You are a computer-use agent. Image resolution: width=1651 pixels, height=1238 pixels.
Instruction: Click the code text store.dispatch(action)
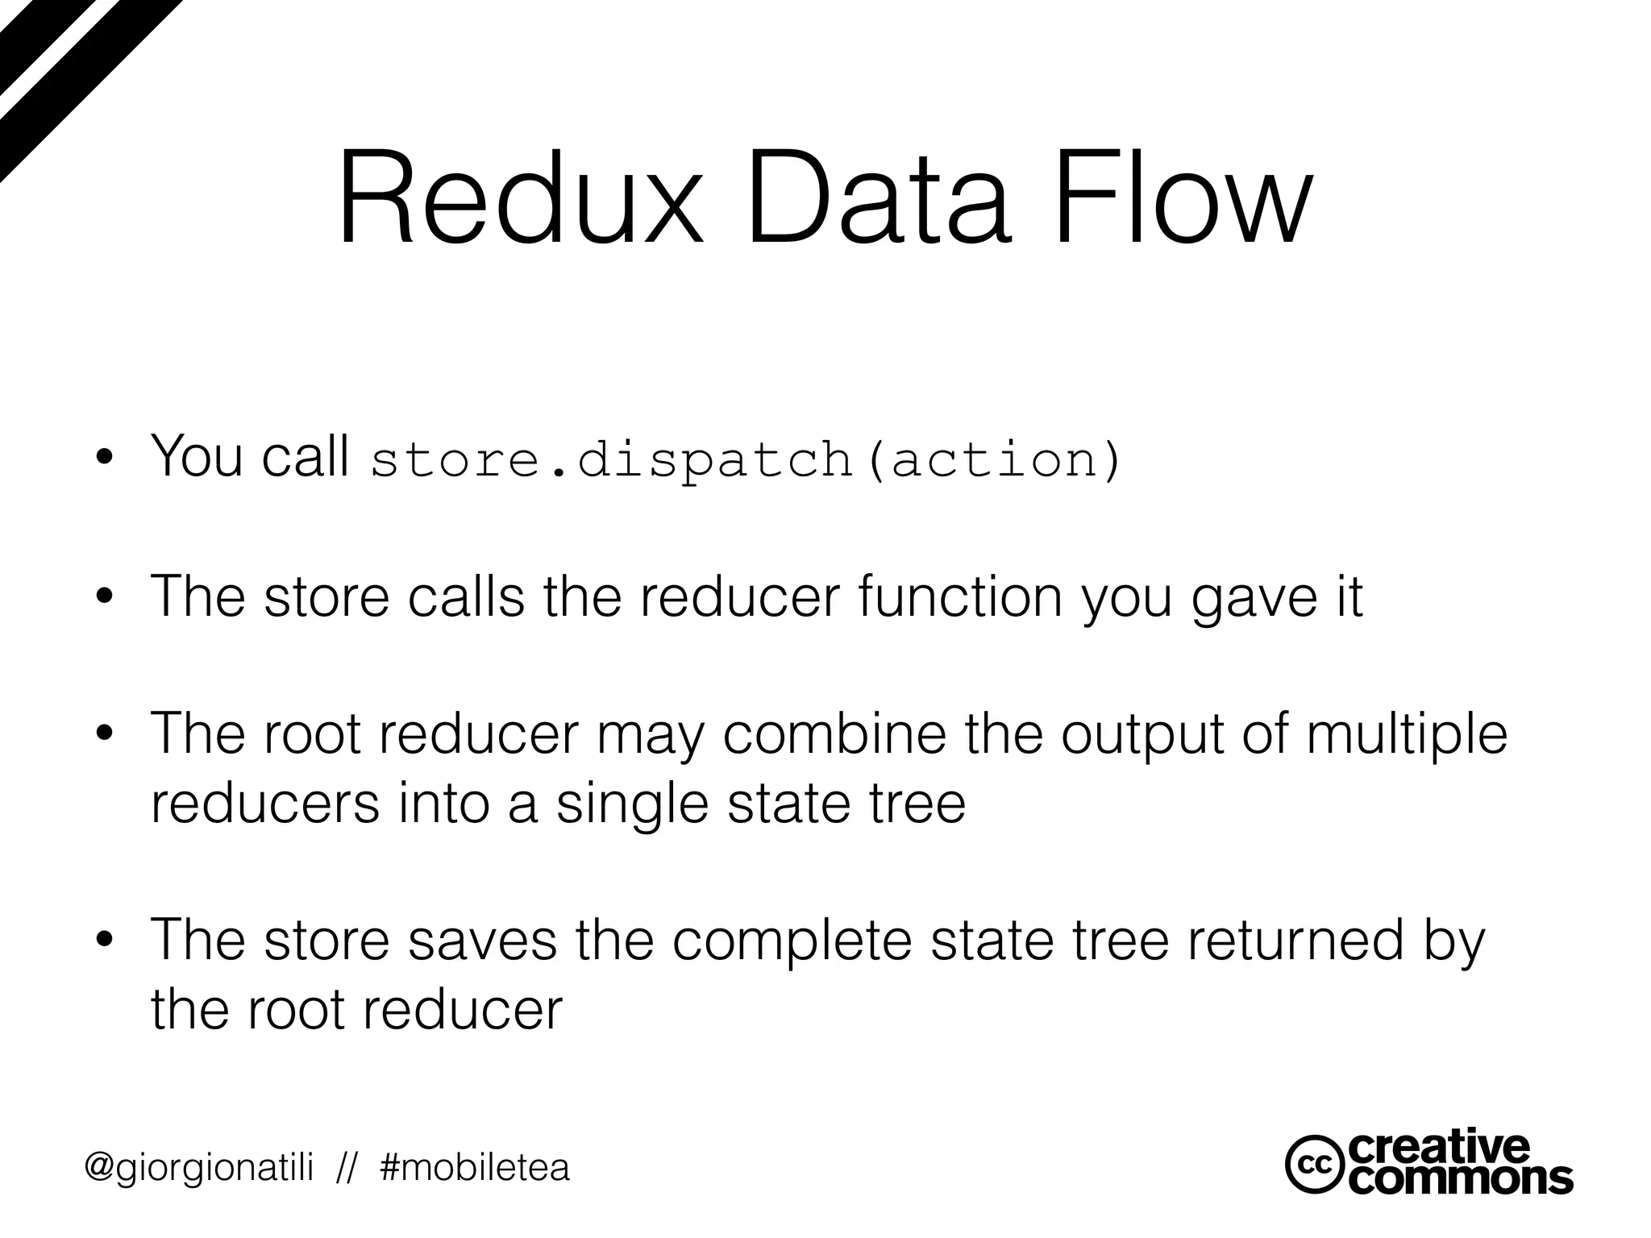click(746, 459)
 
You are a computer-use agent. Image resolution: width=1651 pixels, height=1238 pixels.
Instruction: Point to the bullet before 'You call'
click(103, 460)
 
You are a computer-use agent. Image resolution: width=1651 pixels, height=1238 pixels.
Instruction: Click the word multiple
click(1406, 735)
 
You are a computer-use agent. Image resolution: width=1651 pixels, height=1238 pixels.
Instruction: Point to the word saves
click(482, 940)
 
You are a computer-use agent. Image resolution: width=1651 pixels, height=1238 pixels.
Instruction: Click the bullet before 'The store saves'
click(103, 941)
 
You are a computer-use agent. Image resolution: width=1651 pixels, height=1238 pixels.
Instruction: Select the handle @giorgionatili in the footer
click(199, 1167)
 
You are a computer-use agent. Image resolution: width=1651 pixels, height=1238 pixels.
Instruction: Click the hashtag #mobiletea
click(475, 1167)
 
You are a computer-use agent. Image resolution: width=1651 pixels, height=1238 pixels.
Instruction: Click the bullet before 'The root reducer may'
click(103, 734)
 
